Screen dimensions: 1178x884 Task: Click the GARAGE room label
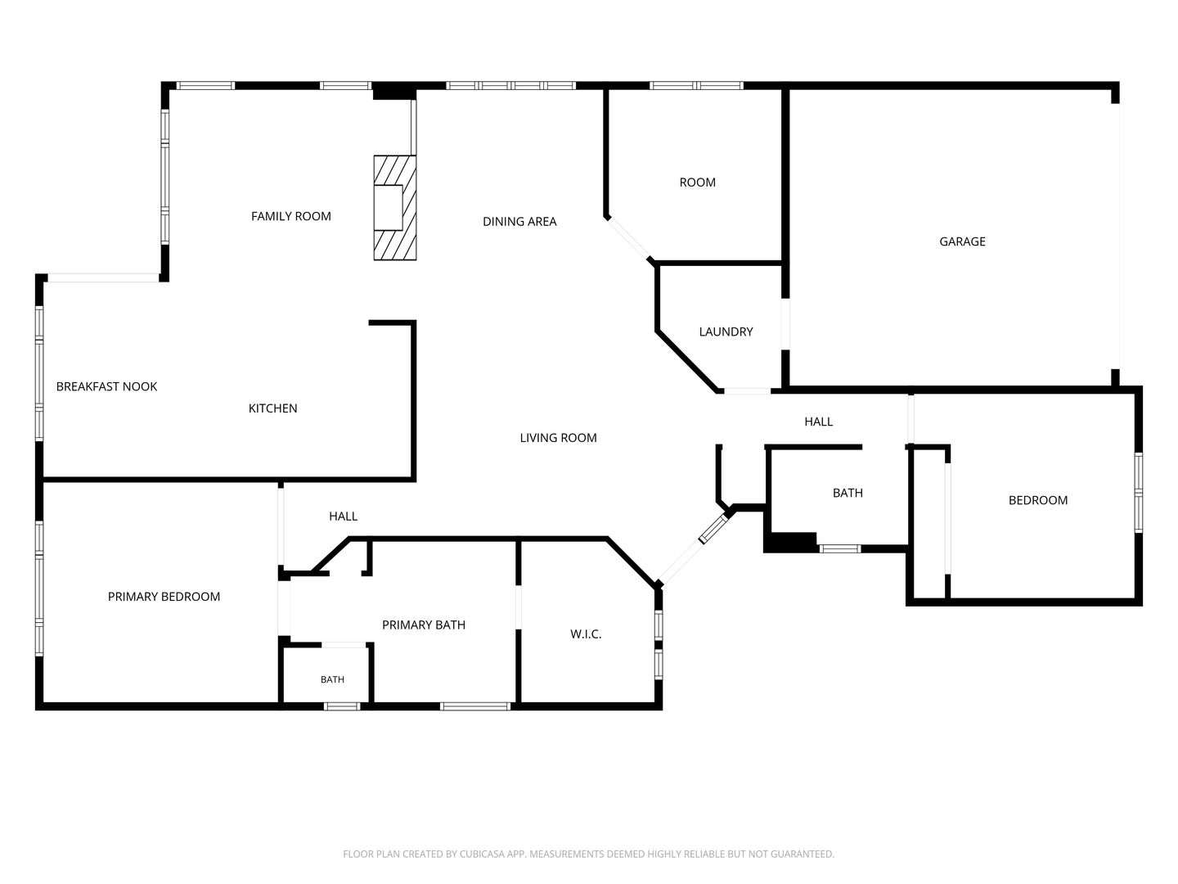point(962,241)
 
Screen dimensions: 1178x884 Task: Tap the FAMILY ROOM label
point(291,216)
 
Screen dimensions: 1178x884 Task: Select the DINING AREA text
point(519,222)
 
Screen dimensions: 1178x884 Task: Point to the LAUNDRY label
point(726,331)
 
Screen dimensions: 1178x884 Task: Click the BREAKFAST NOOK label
point(107,386)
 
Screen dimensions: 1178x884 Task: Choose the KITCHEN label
point(272,408)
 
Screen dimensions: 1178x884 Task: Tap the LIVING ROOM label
point(558,438)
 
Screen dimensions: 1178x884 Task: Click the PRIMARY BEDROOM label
point(164,597)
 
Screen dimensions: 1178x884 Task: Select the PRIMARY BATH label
point(424,625)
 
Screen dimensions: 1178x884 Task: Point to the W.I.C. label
point(586,634)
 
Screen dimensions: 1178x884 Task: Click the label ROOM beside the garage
point(697,183)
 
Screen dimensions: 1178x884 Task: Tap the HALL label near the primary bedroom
point(343,516)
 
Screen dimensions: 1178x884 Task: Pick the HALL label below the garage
point(818,422)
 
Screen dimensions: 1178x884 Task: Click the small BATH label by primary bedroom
point(332,679)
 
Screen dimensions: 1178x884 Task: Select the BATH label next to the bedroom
point(848,493)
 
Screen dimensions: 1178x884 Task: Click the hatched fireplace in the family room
point(395,208)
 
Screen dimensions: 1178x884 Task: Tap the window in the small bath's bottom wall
point(342,706)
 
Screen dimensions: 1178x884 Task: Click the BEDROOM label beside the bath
point(1038,500)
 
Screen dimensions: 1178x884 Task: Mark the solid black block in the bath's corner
point(790,542)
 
